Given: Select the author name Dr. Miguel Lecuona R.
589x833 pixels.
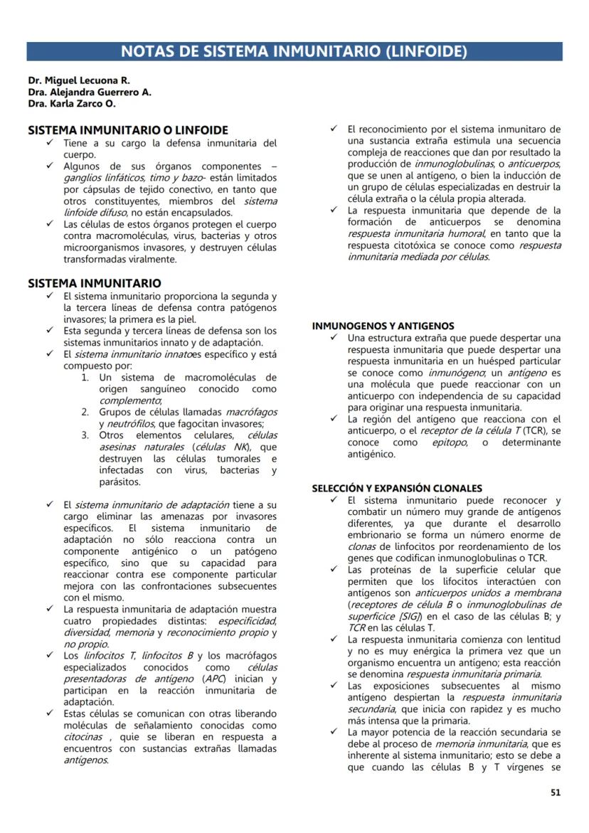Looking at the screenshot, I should point(79,80).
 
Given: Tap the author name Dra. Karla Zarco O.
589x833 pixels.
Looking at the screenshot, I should point(72,103).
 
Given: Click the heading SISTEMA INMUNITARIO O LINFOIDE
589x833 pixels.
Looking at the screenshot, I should point(127,130).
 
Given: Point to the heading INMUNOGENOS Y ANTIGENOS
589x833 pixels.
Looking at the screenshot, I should point(383,325).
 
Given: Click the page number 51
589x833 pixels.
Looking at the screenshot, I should point(556,792).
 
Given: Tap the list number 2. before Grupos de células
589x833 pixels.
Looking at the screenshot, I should point(85,412).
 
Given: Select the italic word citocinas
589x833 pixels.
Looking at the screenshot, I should point(83,736).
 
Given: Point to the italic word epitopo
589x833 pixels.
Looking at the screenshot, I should point(449,442).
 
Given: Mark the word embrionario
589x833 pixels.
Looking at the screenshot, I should point(381,535).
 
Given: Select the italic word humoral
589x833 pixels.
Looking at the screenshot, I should point(467,233).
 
